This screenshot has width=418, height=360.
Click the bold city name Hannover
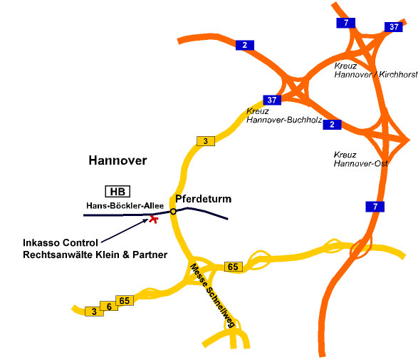click(117, 160)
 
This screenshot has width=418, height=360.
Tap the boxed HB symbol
click(117, 191)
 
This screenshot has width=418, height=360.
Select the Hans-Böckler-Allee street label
click(125, 205)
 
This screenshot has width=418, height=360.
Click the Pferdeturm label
click(203, 199)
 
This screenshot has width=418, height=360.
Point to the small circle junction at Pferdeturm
click(173, 212)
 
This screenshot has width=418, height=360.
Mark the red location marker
click(153, 219)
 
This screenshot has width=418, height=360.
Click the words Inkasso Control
click(61, 242)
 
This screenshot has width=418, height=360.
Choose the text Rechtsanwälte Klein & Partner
click(95, 254)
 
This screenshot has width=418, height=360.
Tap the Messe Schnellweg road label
click(212, 295)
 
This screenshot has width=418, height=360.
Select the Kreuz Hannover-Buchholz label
click(284, 115)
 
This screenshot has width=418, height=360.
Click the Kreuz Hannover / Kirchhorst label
click(376, 70)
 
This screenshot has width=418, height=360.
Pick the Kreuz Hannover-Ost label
click(360, 159)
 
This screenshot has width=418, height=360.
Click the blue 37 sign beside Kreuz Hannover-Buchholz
click(272, 100)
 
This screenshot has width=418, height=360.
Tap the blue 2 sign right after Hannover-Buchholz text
click(332, 125)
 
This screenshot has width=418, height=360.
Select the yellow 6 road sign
click(109, 307)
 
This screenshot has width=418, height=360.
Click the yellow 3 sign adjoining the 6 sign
click(94, 312)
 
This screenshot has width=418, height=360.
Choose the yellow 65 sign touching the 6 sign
click(125, 301)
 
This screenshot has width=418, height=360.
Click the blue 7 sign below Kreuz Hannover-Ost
click(375, 207)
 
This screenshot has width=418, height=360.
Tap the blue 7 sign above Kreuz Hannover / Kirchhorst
click(346, 23)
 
